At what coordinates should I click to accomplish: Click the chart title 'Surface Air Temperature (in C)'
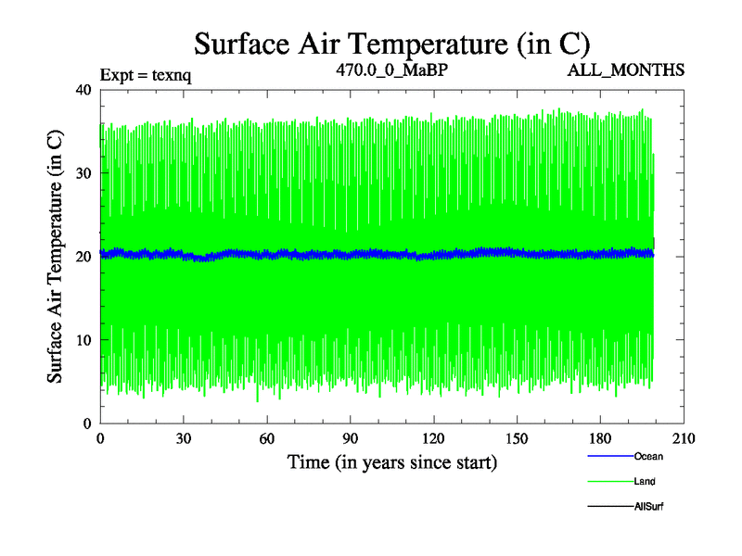[390, 43]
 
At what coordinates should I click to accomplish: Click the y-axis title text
[57, 256]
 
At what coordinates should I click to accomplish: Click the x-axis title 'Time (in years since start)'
[391, 461]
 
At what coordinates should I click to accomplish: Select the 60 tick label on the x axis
[267, 439]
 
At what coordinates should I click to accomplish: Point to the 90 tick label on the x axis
[351, 439]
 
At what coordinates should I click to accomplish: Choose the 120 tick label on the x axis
[433, 439]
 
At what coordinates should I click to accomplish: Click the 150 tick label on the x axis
[517, 439]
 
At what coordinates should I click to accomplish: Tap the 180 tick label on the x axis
[600, 439]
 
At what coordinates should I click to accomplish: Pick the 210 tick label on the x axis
[684, 439]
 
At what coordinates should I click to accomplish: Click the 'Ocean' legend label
[648, 456]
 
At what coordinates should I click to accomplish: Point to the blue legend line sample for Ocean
[609, 456]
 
